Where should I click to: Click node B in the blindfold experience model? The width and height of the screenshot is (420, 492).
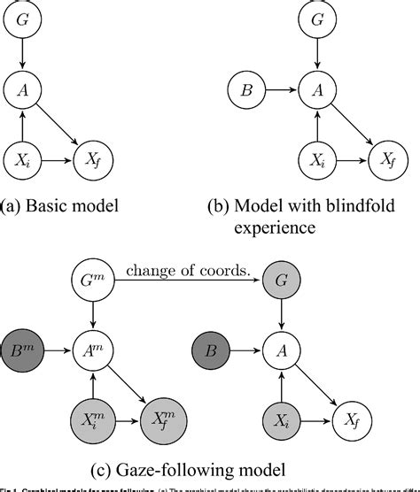(246, 89)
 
